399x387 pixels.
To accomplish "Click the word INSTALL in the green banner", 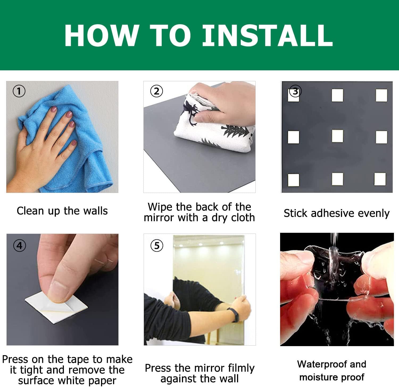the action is (268, 35).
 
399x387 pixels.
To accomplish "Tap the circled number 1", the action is (19, 91).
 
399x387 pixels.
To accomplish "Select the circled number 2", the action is (156, 91).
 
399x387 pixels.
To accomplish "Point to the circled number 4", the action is (19, 246).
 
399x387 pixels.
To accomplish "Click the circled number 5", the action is (157, 246).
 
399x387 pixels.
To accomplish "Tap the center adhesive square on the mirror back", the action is (337, 136).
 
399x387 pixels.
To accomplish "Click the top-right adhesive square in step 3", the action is (381, 95).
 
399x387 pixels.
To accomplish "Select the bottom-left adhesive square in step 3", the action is (294, 179).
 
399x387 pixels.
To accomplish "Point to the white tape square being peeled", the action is (56, 308).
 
